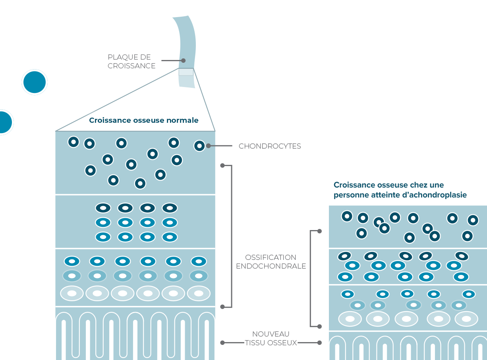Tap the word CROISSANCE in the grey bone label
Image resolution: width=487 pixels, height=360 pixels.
click(131, 66)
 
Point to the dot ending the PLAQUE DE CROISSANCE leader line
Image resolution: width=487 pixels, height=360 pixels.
click(184, 61)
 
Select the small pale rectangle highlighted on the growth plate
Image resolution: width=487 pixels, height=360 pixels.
click(186, 72)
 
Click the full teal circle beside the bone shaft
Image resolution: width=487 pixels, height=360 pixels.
click(35, 82)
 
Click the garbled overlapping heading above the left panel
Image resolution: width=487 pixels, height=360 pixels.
click(144, 120)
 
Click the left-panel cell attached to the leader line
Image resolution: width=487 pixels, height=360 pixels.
click(199, 146)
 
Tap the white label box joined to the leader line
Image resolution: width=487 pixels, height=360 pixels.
click(270, 146)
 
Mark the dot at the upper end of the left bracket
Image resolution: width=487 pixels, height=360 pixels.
click(222, 165)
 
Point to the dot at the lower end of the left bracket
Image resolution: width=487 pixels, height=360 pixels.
click(222, 307)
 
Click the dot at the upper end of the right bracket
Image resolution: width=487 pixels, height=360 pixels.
click(319, 231)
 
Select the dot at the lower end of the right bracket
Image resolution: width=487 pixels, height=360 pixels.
click(319, 326)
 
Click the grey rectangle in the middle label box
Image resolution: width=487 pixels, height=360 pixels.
click(273, 261)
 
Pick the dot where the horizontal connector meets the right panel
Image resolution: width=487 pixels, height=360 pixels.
click(319, 343)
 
